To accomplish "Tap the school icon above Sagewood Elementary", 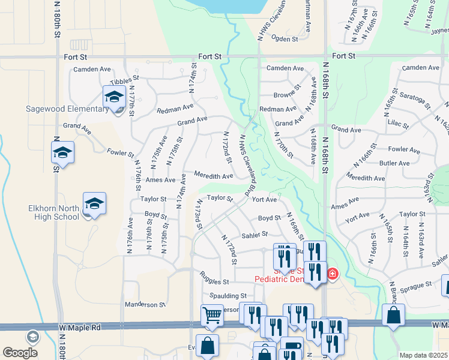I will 114,97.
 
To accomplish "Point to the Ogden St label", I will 286,39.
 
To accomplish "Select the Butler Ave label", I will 394,163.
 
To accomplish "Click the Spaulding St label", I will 228,296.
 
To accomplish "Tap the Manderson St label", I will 145,305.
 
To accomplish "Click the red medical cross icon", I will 332,275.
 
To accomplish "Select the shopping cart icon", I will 212,315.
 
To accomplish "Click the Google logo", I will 20,353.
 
